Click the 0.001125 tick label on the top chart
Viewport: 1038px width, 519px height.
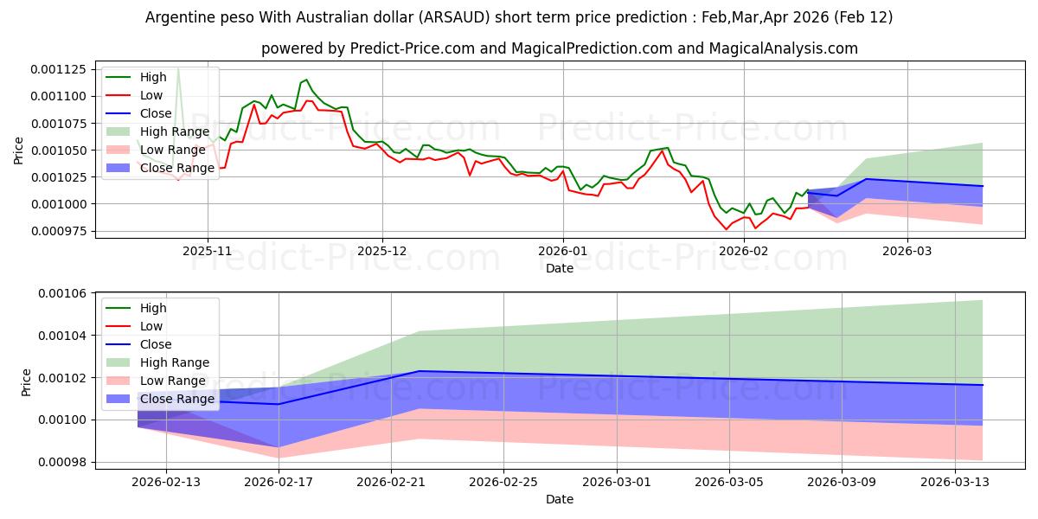(61, 69)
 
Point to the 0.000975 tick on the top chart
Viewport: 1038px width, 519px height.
(61, 231)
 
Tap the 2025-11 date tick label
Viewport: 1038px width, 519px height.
(208, 250)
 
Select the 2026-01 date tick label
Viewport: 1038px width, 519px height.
(563, 250)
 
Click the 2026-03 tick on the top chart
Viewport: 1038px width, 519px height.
(907, 250)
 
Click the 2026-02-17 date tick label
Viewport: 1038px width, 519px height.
(279, 482)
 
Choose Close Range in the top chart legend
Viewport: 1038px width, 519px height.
(176, 168)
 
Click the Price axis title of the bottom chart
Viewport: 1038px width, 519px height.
(26, 382)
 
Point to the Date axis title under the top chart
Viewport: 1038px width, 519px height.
(560, 268)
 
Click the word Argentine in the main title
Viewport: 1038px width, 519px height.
(178, 17)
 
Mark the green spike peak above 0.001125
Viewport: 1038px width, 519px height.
(178, 67)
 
